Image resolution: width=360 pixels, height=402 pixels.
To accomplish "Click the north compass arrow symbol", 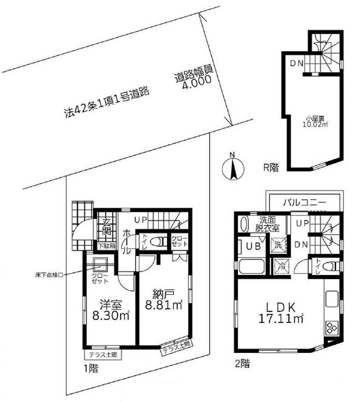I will (x=232, y=165).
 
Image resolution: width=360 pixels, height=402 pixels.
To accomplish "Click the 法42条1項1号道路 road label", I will (x=107, y=98).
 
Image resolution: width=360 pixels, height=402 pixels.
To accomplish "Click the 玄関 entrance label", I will (x=108, y=225).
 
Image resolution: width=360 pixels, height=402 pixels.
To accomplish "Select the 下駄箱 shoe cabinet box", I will (x=108, y=244).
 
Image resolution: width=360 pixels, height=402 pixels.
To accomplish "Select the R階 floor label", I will (x=271, y=165).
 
